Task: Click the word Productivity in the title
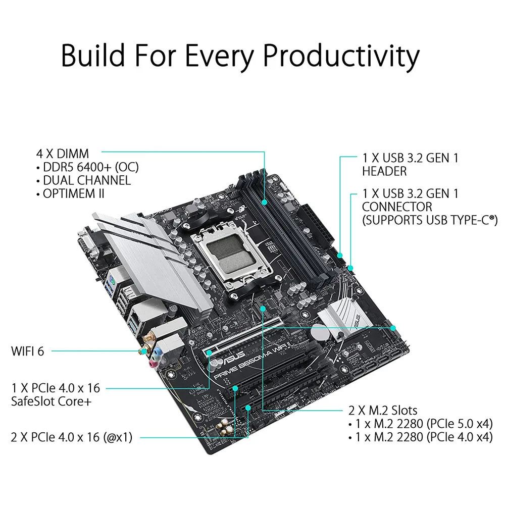(341, 56)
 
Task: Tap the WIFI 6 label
(27, 350)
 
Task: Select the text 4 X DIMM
(63, 154)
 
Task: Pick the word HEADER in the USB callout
(384, 171)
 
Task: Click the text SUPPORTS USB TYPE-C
(429, 220)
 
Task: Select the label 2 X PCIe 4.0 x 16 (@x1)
(71, 437)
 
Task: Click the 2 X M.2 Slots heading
(383, 410)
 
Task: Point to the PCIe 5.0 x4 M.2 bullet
(420, 423)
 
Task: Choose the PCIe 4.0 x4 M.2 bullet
(420, 437)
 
